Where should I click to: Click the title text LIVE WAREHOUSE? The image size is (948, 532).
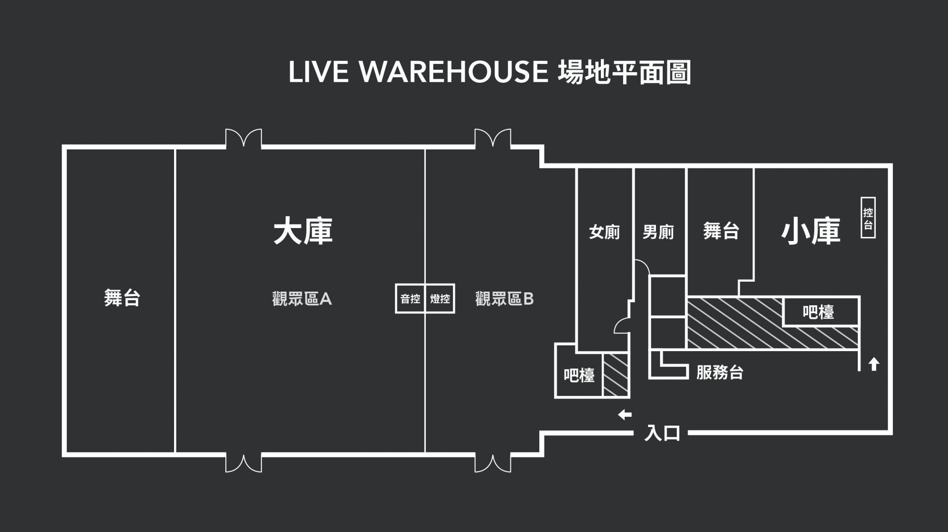point(418,72)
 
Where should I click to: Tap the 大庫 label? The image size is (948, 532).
point(303,232)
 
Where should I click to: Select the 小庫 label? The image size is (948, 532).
point(811,232)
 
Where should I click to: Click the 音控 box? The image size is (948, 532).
point(410,299)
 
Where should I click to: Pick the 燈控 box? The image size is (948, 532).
point(440,299)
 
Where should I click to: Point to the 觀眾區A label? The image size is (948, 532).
point(302,299)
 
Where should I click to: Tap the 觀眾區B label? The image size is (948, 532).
point(504,299)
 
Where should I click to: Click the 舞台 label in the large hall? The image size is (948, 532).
point(122,298)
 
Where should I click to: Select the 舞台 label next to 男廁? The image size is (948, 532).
point(721,231)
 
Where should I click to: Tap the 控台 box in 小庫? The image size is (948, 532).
point(868,218)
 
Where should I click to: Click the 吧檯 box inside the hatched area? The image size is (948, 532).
point(818,312)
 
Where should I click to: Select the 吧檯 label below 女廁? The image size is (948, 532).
point(579,375)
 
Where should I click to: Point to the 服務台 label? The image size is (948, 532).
point(719,372)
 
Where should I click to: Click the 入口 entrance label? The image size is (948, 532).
point(662,433)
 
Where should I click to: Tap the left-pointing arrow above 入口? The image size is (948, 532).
point(625,414)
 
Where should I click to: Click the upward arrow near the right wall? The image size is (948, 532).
point(873,364)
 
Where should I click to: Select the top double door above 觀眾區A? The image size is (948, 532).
point(243,138)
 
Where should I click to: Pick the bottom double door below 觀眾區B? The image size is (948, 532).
point(493,463)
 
